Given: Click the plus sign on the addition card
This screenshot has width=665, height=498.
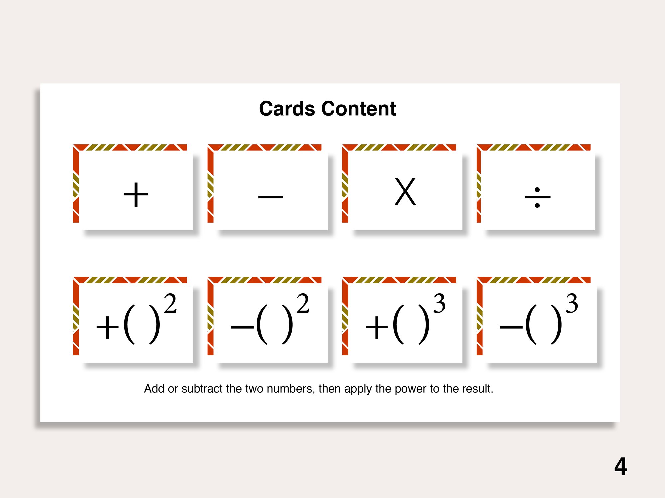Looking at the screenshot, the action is click(136, 195).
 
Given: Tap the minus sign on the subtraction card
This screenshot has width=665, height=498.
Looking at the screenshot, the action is click(271, 197).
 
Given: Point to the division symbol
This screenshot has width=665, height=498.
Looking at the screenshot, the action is click(537, 197).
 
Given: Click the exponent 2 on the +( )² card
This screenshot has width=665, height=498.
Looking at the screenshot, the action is click(170, 303).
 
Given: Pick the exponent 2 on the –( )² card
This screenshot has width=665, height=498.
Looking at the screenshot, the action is click(303, 303).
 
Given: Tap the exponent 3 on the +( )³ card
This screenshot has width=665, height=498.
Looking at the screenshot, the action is click(439, 303).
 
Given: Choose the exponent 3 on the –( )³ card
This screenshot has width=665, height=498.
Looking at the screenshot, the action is click(572, 303).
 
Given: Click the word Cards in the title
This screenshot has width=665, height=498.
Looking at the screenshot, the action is click(287, 109).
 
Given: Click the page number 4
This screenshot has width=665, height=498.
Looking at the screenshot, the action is click(621, 467).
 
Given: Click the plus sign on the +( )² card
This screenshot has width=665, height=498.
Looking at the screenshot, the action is click(107, 328).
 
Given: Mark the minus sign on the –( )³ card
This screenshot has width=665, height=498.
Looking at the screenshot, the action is click(511, 328).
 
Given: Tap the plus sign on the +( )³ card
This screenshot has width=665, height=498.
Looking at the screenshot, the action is click(377, 328).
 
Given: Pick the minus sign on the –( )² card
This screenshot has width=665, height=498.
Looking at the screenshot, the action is click(242, 328).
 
